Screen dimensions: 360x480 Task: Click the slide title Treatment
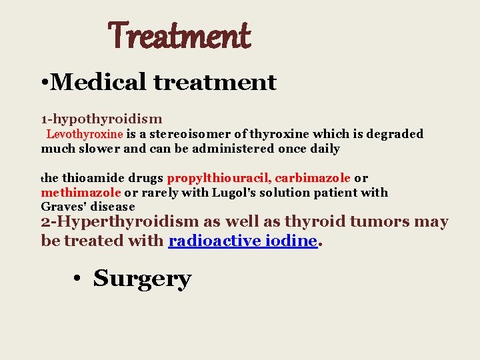(179, 36)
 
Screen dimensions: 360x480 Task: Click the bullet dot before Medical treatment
(43, 83)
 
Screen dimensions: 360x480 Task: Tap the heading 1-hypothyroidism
(102, 119)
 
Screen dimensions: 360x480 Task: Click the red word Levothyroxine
(85, 134)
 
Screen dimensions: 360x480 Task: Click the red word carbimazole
(313, 178)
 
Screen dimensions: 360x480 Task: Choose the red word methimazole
(81, 193)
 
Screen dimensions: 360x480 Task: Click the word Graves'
(62, 207)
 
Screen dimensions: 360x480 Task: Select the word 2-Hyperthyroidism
(120, 222)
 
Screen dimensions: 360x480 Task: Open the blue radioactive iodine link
(242, 241)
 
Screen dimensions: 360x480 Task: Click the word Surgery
(142, 279)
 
